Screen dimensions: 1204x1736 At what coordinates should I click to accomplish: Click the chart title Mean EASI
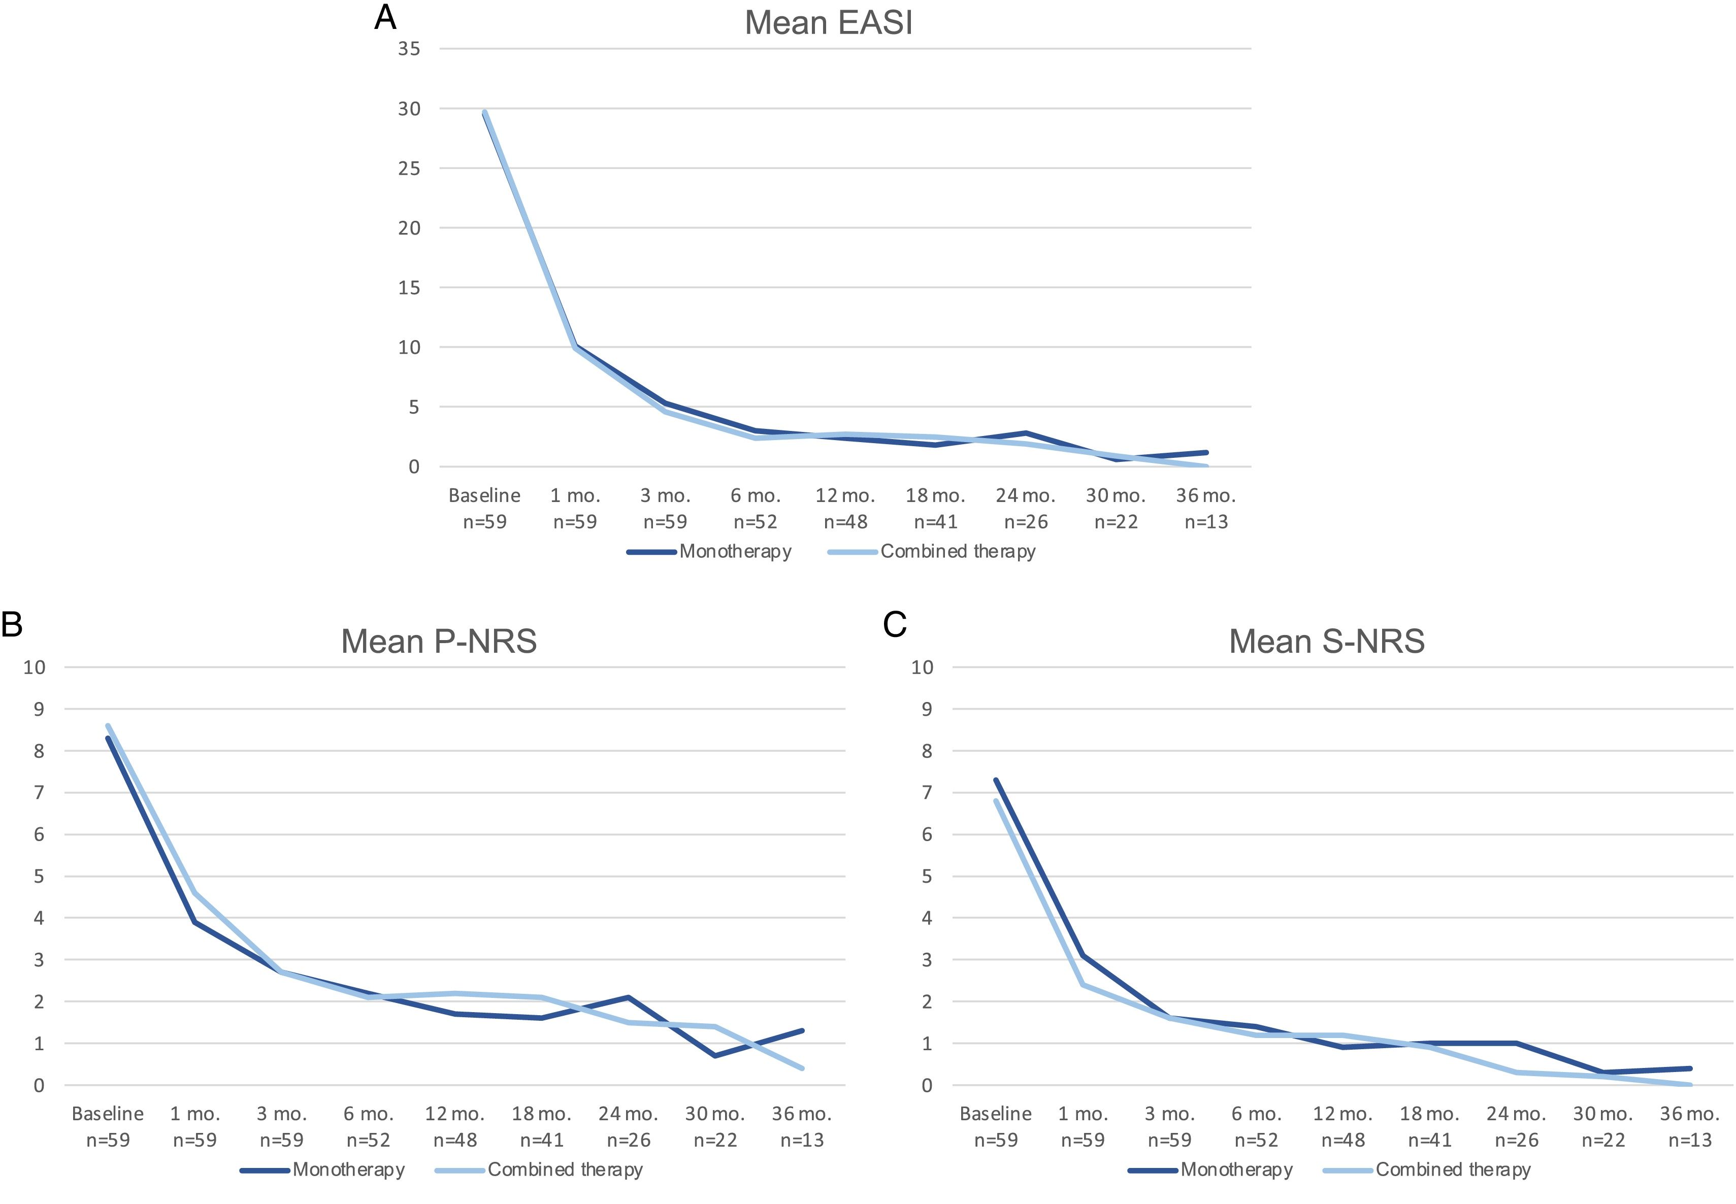[828, 23]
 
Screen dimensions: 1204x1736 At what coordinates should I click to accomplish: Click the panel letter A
[385, 17]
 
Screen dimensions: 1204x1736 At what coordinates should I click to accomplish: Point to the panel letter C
[894, 625]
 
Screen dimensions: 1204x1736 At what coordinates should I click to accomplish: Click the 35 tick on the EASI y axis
[409, 49]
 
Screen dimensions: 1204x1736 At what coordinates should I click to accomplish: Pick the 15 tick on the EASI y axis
[409, 287]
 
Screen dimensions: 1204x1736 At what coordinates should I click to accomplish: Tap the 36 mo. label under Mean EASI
[1205, 495]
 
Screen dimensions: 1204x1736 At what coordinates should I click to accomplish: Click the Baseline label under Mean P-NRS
[108, 1114]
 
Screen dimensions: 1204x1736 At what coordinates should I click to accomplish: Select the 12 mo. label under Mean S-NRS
[1342, 1114]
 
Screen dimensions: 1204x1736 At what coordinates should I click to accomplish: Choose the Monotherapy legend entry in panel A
[735, 551]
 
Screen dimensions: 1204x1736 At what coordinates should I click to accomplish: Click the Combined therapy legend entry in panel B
[564, 1169]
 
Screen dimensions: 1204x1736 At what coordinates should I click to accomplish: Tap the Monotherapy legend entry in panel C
[1236, 1169]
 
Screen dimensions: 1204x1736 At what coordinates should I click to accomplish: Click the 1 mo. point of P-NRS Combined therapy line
[194, 892]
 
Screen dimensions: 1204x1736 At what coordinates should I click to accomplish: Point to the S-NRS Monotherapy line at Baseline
[996, 780]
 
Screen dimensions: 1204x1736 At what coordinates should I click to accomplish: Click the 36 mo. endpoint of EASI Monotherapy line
[1205, 453]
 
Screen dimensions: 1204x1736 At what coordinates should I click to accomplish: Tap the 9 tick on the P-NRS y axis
[35, 709]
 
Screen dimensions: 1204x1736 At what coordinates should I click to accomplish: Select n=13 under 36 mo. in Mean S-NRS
[1689, 1140]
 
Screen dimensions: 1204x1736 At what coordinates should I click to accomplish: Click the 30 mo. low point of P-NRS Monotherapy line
[714, 1055]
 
